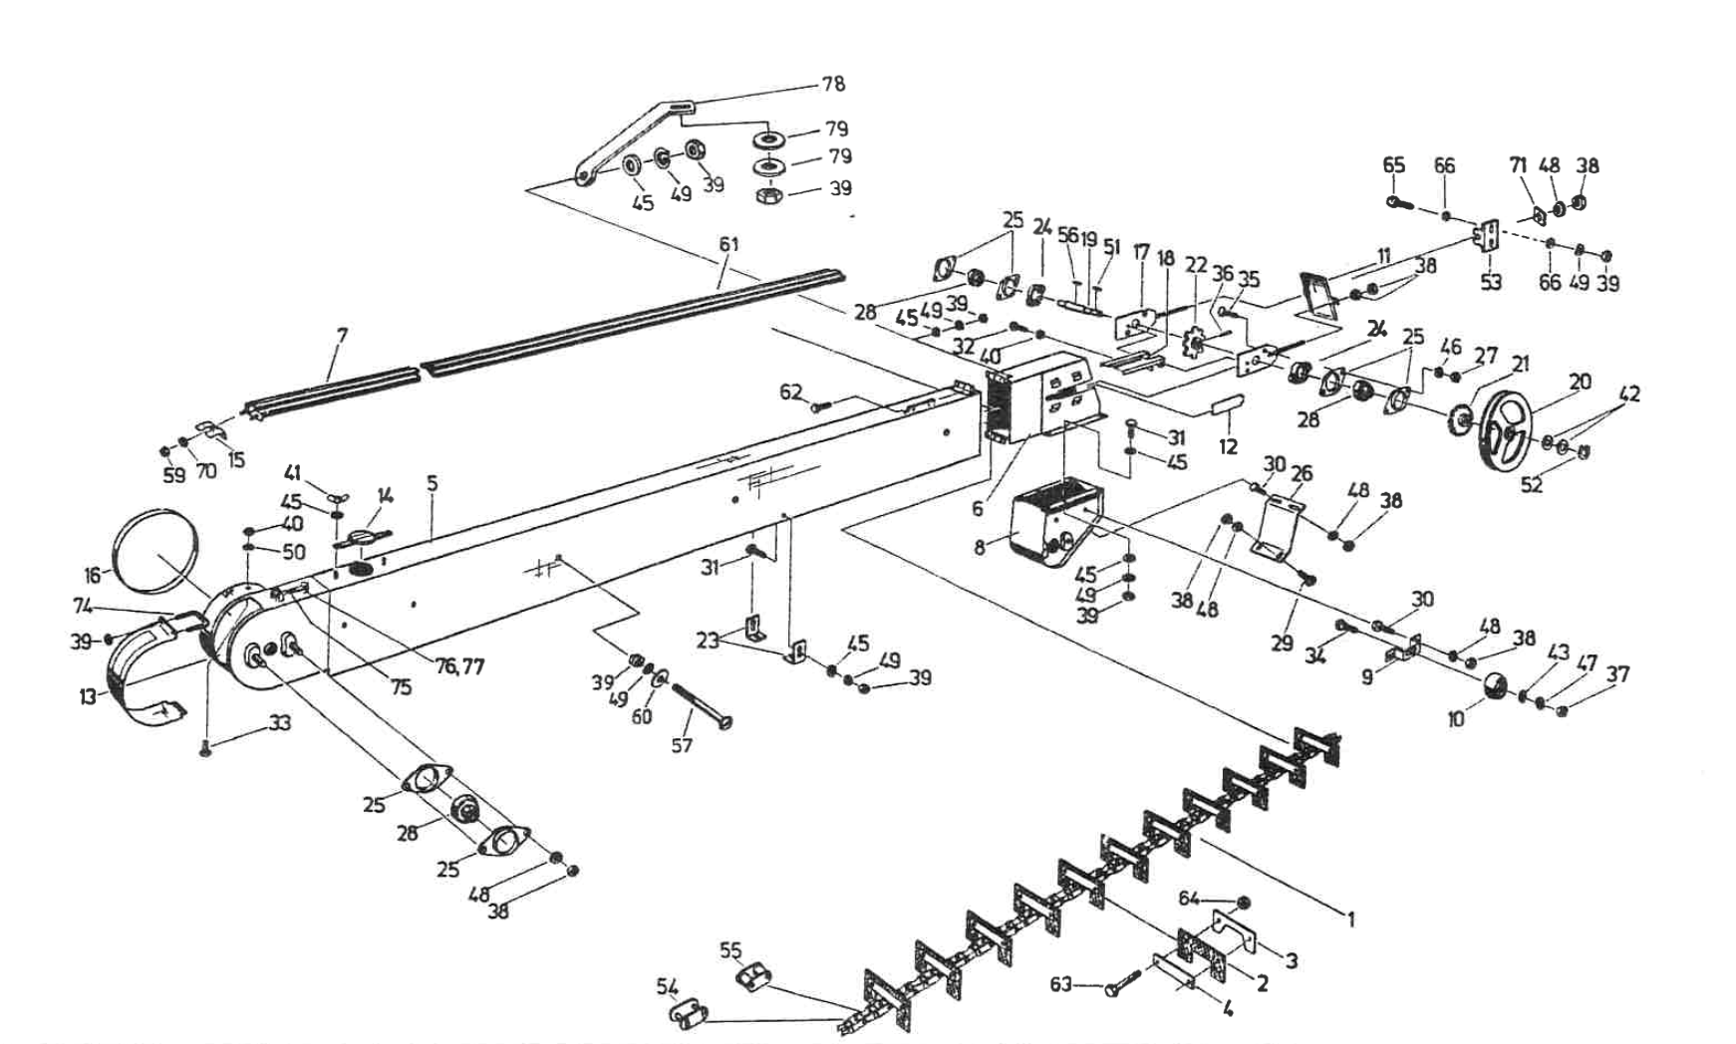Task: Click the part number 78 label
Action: click(x=833, y=84)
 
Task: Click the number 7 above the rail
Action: click(x=342, y=336)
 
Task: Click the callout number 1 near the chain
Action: click(x=1350, y=919)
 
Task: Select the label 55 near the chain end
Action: click(x=730, y=950)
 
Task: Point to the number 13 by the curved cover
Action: click(x=88, y=696)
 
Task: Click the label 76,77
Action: click(x=459, y=666)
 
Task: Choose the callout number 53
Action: click(x=1490, y=282)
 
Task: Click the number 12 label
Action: click(x=1228, y=447)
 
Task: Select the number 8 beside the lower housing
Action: click(x=981, y=547)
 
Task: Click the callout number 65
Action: click(x=1393, y=165)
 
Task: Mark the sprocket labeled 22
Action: click(x=1190, y=345)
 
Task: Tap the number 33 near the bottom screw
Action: click(x=280, y=723)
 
